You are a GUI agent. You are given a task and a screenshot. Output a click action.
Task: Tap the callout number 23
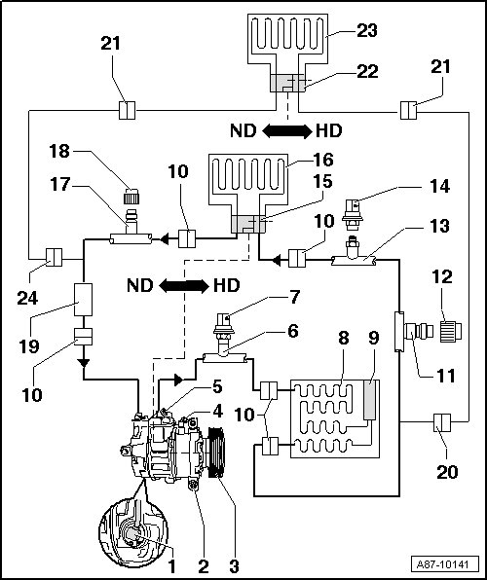click(367, 30)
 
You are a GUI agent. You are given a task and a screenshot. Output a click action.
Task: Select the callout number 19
click(28, 346)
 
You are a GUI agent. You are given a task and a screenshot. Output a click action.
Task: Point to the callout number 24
click(27, 298)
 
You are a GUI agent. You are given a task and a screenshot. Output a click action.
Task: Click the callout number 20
click(448, 472)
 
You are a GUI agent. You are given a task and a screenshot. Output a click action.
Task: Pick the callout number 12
click(442, 276)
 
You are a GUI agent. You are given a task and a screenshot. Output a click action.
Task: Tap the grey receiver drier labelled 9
click(370, 400)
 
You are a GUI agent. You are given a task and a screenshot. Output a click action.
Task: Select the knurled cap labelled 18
click(131, 196)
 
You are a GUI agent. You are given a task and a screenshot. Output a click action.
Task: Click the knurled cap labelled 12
click(451, 331)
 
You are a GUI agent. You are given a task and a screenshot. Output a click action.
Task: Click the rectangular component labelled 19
click(84, 300)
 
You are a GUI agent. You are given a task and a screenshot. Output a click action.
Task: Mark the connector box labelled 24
click(55, 257)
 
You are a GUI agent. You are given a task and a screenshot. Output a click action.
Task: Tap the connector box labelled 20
click(442, 422)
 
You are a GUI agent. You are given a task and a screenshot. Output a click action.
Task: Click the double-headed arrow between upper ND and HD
click(287, 131)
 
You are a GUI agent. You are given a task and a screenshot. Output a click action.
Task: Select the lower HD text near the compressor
click(227, 285)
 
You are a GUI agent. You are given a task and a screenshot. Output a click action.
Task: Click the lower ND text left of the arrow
click(140, 285)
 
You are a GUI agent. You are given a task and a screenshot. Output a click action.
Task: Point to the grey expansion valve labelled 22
click(287, 83)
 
